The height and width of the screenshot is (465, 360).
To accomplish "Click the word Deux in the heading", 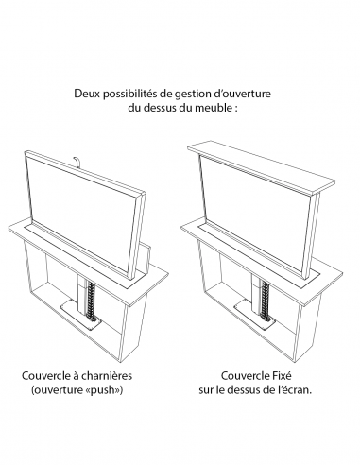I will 86,95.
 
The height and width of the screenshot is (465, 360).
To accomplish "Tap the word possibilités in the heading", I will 134,95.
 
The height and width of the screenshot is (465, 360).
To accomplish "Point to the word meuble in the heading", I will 217,109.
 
